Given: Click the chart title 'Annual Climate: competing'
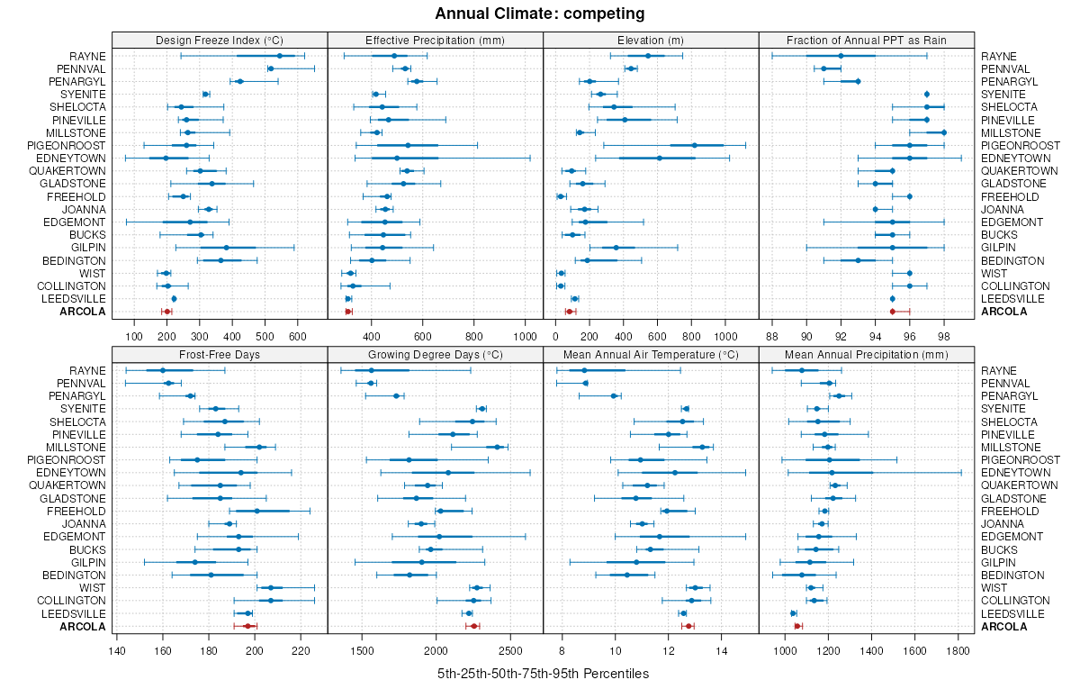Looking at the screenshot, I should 539,14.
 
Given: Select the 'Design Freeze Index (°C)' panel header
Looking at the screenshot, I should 220,40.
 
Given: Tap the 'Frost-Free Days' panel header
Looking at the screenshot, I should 220,354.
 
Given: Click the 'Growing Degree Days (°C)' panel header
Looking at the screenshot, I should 436,354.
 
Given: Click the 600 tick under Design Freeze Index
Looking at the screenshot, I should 298,337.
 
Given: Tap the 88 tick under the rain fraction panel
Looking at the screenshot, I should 772,337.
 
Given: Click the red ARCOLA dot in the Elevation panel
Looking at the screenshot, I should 569,312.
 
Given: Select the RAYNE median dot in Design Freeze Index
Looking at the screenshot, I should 280,56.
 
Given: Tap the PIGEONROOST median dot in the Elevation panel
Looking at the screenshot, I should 695,145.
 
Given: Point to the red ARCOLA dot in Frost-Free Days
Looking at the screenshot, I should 247,626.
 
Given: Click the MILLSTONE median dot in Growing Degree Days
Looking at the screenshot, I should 498,447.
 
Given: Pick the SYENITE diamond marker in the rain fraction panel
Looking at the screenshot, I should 927,95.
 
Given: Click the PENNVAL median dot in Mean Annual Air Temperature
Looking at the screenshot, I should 586,383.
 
